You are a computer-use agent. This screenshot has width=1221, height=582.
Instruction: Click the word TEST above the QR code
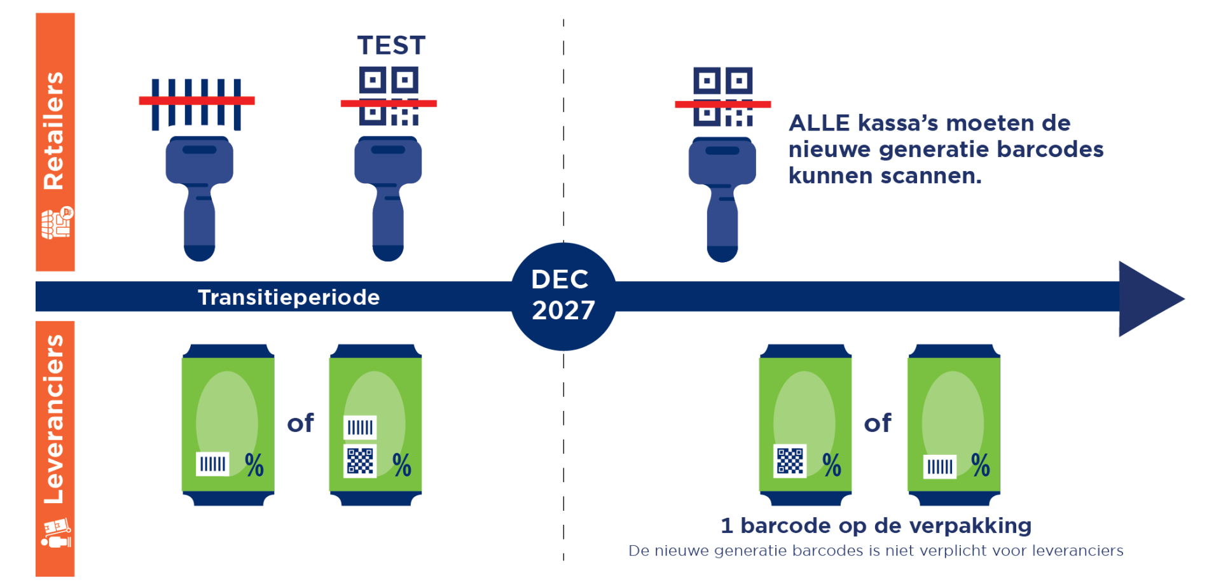point(391,46)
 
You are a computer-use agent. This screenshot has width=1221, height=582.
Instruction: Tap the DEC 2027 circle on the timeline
point(563,296)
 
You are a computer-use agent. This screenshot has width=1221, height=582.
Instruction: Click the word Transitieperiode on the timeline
point(289,297)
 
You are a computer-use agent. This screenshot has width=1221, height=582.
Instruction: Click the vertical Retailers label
point(54,130)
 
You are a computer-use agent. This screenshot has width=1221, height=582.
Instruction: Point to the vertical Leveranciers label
point(54,419)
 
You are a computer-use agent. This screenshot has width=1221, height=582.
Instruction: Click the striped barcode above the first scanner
point(197,104)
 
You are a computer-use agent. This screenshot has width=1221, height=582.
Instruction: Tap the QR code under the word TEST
point(389,96)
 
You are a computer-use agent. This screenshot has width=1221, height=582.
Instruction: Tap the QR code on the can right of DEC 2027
point(790,461)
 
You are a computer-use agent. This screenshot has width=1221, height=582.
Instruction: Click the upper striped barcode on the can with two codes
point(360,427)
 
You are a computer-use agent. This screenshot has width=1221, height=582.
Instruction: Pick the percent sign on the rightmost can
point(981,465)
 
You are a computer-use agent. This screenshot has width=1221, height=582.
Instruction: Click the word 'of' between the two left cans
point(300,423)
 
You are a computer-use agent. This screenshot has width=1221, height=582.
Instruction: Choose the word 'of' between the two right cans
point(878,423)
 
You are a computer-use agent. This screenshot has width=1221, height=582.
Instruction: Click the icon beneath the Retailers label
point(57,223)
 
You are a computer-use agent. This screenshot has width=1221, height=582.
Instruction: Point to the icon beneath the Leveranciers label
point(56,533)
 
